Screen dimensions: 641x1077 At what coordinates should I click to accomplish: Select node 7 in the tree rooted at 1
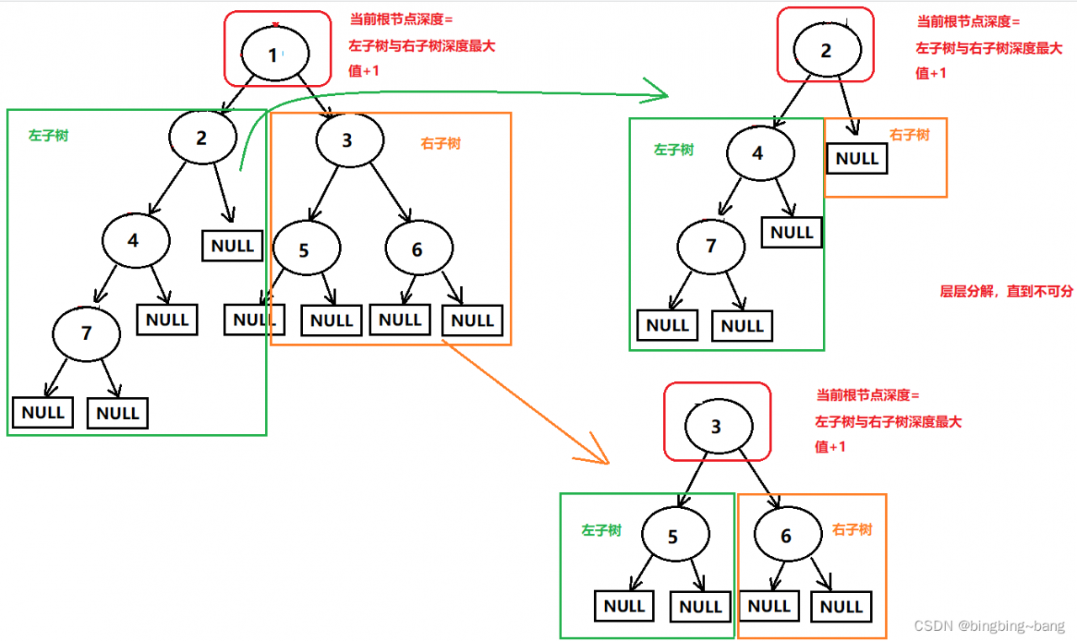click(x=86, y=332)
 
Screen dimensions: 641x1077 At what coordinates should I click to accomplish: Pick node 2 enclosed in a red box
click(x=826, y=50)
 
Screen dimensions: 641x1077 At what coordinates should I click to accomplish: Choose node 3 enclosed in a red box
click(x=716, y=426)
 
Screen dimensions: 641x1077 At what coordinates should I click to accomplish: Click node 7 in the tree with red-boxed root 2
click(x=711, y=246)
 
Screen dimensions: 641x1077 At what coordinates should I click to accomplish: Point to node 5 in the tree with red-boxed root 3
click(x=673, y=536)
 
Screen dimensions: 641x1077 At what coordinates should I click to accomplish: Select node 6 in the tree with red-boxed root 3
click(x=787, y=536)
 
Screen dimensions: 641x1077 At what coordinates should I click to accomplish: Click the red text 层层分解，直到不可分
click(x=1006, y=292)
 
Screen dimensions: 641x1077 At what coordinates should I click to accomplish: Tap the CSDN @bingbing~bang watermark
click(x=989, y=626)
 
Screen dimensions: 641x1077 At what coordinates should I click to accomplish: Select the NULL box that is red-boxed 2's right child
click(x=857, y=158)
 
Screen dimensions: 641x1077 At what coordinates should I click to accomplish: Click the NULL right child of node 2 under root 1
click(x=232, y=246)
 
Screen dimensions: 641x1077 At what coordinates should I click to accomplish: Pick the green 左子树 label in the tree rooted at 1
click(x=48, y=135)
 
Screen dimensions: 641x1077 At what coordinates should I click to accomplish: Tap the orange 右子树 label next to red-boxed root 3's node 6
click(x=852, y=530)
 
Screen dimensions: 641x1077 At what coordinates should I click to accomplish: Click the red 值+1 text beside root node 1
click(x=364, y=72)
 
